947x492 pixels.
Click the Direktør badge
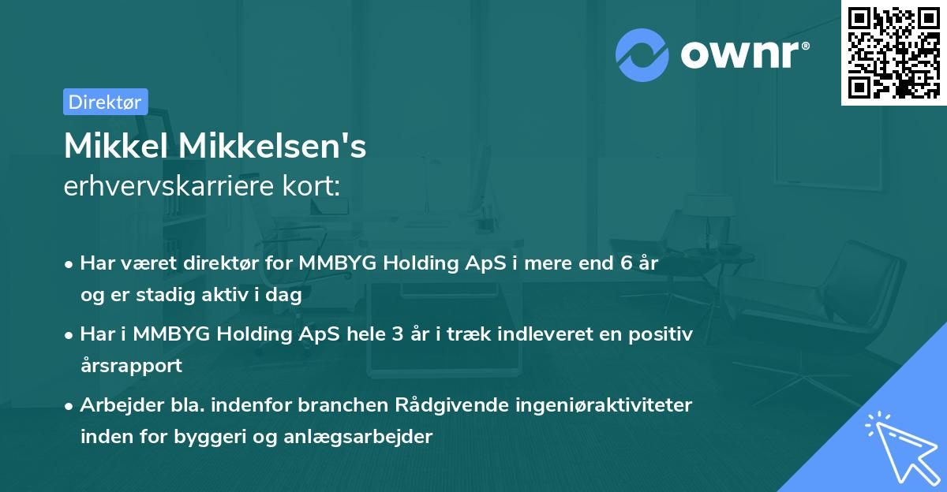click(105, 102)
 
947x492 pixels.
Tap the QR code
click(893, 52)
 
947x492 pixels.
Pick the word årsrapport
click(131, 366)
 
